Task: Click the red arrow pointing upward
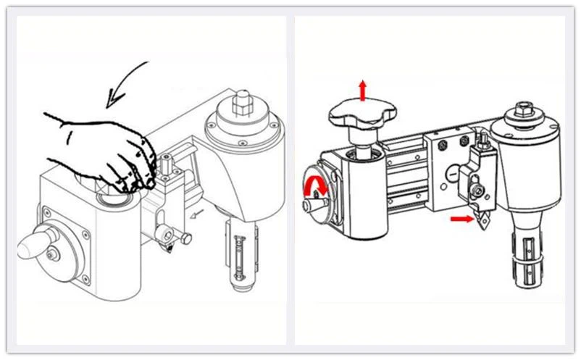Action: pos(362,92)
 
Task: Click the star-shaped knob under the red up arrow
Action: pos(363,116)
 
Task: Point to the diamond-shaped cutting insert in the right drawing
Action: pos(482,220)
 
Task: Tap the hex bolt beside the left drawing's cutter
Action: pos(186,237)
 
